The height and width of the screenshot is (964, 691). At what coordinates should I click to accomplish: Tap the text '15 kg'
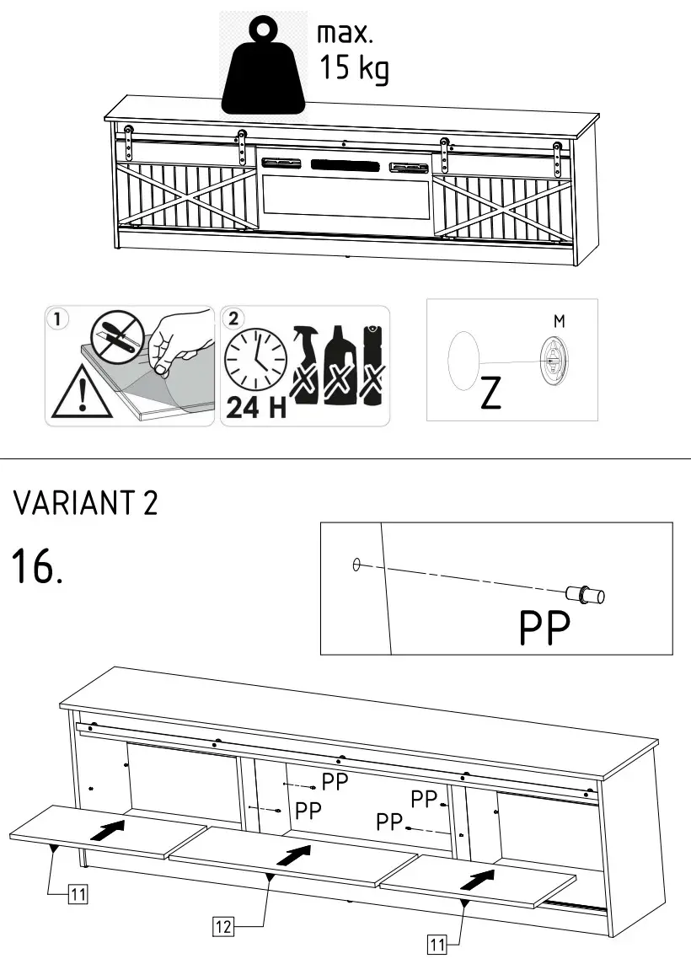pos(354,68)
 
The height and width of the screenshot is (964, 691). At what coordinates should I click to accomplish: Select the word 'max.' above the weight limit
pos(344,34)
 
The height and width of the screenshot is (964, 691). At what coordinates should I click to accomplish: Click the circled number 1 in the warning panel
pos(57,319)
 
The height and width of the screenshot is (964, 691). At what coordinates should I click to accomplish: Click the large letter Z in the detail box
pos(490,394)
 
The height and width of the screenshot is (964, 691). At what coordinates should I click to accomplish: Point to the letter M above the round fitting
pos(559,321)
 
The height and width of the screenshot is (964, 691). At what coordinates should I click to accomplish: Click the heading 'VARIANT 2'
pos(85,504)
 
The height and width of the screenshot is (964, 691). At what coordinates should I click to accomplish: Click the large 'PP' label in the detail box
pos(544,628)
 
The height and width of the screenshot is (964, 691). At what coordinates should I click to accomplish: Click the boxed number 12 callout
pos(222,927)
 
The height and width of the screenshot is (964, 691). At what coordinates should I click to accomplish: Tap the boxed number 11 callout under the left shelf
pos(77,894)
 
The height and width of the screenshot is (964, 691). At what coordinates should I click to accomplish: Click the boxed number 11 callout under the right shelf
pos(437,945)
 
